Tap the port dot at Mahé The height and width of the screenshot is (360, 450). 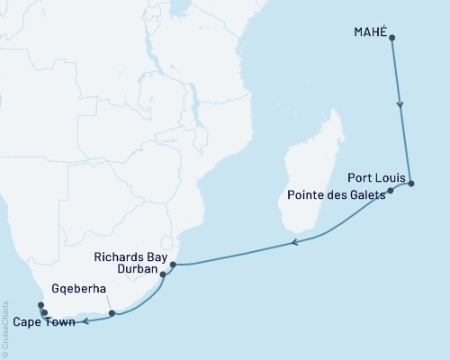[x=391, y=38]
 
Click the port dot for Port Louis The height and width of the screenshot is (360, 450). [x=411, y=184]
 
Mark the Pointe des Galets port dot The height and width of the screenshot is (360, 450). [x=391, y=191]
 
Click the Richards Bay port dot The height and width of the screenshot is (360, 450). [x=172, y=265]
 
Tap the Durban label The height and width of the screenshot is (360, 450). [x=136, y=268]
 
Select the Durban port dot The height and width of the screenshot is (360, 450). [x=163, y=274]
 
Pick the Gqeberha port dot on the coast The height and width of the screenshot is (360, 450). [x=112, y=314]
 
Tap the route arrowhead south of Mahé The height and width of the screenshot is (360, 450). [x=400, y=104]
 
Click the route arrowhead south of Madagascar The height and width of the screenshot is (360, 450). [x=292, y=242]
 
